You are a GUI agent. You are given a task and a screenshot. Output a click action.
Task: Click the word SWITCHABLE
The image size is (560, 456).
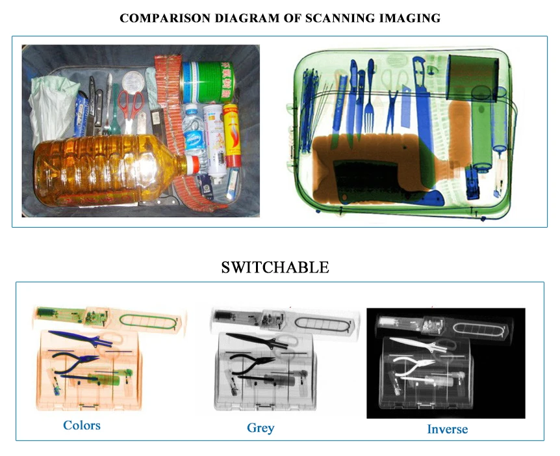(275, 267)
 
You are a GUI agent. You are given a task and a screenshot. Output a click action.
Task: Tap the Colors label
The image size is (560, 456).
(82, 425)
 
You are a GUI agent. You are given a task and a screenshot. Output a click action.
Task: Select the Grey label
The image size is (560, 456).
(261, 427)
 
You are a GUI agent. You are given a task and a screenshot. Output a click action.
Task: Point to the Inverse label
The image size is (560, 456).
(447, 429)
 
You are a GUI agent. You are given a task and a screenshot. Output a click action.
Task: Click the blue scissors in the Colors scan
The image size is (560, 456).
(81, 338)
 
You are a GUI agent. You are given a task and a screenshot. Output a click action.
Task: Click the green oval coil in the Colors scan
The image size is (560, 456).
(149, 320)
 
